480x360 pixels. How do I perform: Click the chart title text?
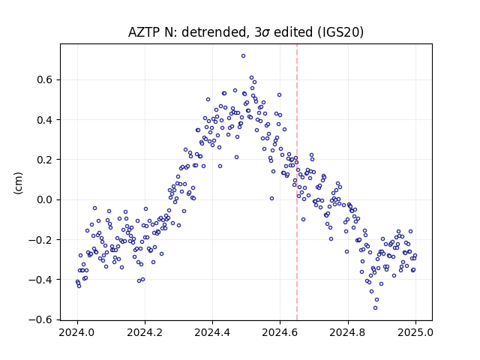click(x=246, y=32)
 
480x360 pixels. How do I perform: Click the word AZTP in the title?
click(x=144, y=32)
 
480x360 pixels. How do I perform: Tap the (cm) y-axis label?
click(x=18, y=183)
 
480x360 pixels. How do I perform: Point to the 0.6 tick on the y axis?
click(x=46, y=80)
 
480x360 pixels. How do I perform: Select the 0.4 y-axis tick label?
click(x=46, y=120)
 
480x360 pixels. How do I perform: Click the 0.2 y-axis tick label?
click(x=46, y=160)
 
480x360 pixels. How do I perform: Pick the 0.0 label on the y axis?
click(x=46, y=199)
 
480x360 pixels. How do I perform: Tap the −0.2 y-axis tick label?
click(x=42, y=240)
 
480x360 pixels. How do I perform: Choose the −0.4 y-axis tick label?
click(x=42, y=280)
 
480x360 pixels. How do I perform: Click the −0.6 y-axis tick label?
click(x=42, y=319)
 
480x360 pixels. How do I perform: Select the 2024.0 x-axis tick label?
click(x=77, y=332)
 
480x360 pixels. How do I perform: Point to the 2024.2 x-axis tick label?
click(x=145, y=332)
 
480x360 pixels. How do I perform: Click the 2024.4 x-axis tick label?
click(x=212, y=332)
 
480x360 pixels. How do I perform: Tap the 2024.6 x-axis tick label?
click(x=280, y=332)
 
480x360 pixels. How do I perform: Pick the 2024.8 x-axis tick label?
click(x=348, y=332)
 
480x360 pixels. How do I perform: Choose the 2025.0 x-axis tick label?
click(x=415, y=332)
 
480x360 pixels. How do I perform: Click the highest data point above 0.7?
click(x=243, y=56)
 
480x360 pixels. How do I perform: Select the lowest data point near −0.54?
click(x=375, y=308)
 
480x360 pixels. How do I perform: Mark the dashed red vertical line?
click(x=297, y=182)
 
